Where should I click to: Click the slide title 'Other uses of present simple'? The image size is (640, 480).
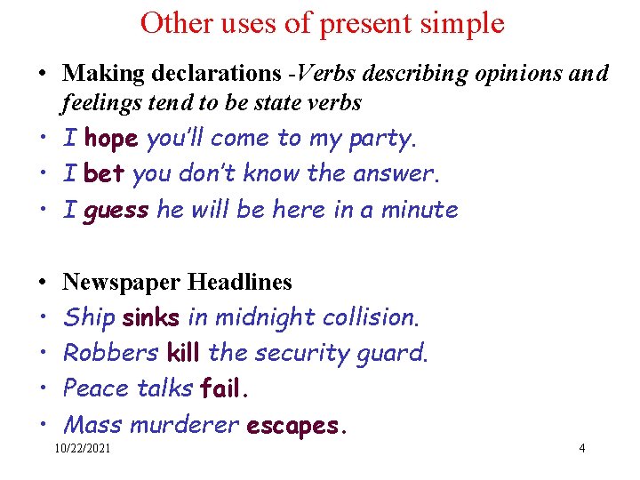coord(322,22)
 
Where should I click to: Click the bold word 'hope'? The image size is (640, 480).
coord(111,140)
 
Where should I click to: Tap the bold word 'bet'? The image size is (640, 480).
coord(103,174)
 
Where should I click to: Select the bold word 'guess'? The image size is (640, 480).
coord(116,212)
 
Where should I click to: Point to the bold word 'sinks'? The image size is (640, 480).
coord(151,317)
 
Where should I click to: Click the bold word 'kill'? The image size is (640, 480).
coord(183,353)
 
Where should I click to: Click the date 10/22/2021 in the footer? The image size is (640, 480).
coord(83,449)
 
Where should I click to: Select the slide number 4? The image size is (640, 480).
coord(581,449)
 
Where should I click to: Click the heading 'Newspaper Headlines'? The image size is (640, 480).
coord(177,283)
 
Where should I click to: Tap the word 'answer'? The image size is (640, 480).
coord(399,174)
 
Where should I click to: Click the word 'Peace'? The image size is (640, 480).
coord(97,388)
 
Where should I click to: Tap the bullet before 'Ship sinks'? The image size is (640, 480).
coord(44,317)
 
